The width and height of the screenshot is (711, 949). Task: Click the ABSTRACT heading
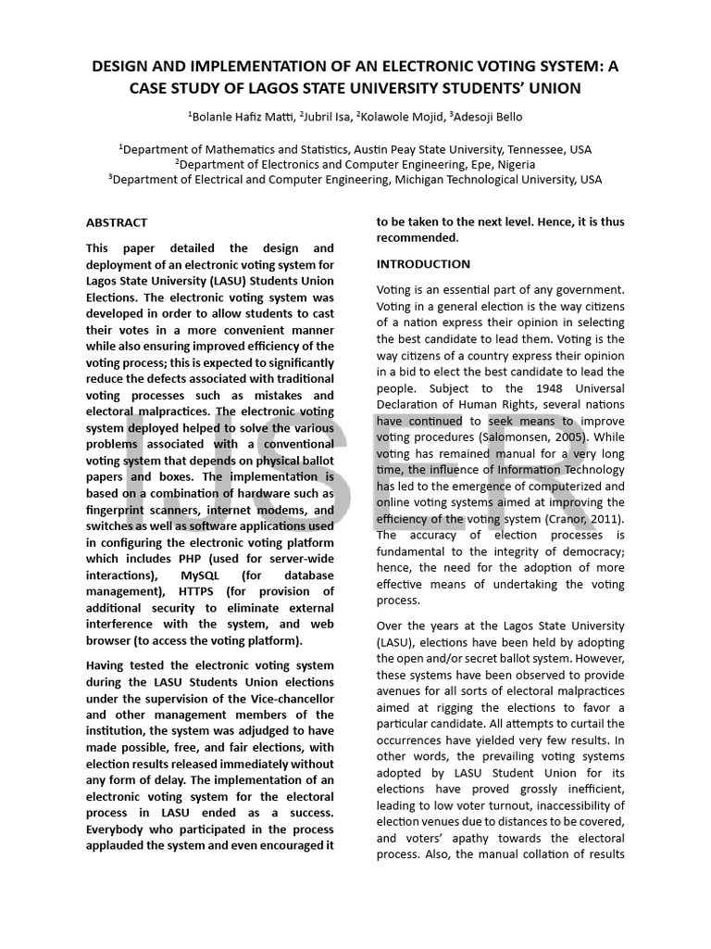click(116, 222)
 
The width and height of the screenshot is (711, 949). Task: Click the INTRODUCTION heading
click(423, 264)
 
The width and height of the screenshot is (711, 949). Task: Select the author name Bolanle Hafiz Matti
click(241, 116)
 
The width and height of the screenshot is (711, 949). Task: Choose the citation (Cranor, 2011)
click(582, 519)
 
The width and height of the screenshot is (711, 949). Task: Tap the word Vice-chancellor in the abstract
click(292, 698)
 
